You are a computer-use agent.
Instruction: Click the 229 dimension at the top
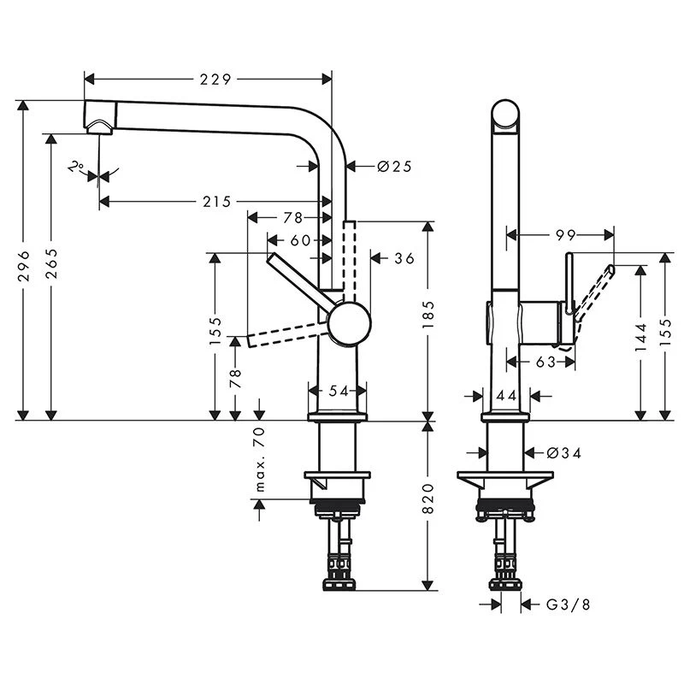click(x=215, y=80)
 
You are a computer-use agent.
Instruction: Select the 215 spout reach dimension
click(x=217, y=202)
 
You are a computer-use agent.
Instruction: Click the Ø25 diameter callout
click(x=394, y=166)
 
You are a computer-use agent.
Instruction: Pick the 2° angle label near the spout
click(x=76, y=167)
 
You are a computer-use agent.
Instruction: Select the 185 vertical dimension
click(x=428, y=316)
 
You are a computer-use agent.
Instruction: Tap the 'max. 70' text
click(x=260, y=463)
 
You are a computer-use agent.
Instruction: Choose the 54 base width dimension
click(x=339, y=391)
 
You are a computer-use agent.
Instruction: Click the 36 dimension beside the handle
click(x=404, y=257)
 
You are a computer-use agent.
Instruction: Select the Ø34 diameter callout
click(x=564, y=453)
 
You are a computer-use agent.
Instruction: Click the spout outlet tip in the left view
click(x=99, y=126)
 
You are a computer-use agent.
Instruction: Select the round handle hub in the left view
click(x=349, y=322)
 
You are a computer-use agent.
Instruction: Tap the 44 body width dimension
click(x=504, y=395)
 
